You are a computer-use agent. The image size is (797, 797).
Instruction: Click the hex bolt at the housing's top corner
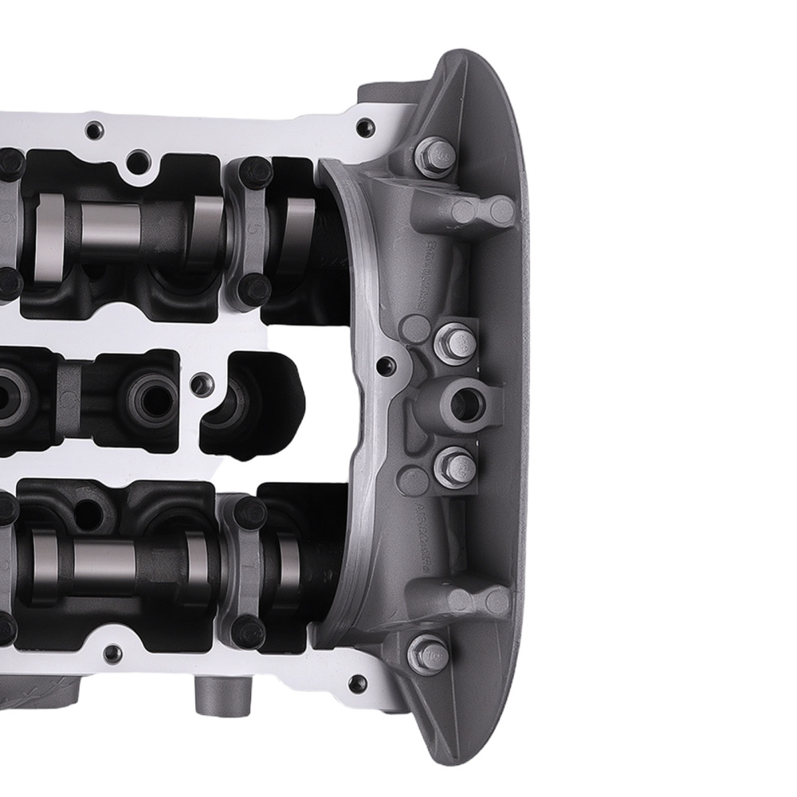tap(434, 155)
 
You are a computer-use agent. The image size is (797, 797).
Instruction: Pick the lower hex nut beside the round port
tap(456, 467)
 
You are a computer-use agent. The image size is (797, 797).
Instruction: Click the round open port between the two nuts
tap(464, 406)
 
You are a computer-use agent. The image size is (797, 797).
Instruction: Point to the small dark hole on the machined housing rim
tap(385, 366)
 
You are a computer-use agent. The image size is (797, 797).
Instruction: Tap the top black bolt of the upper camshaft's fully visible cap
tap(255, 171)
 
